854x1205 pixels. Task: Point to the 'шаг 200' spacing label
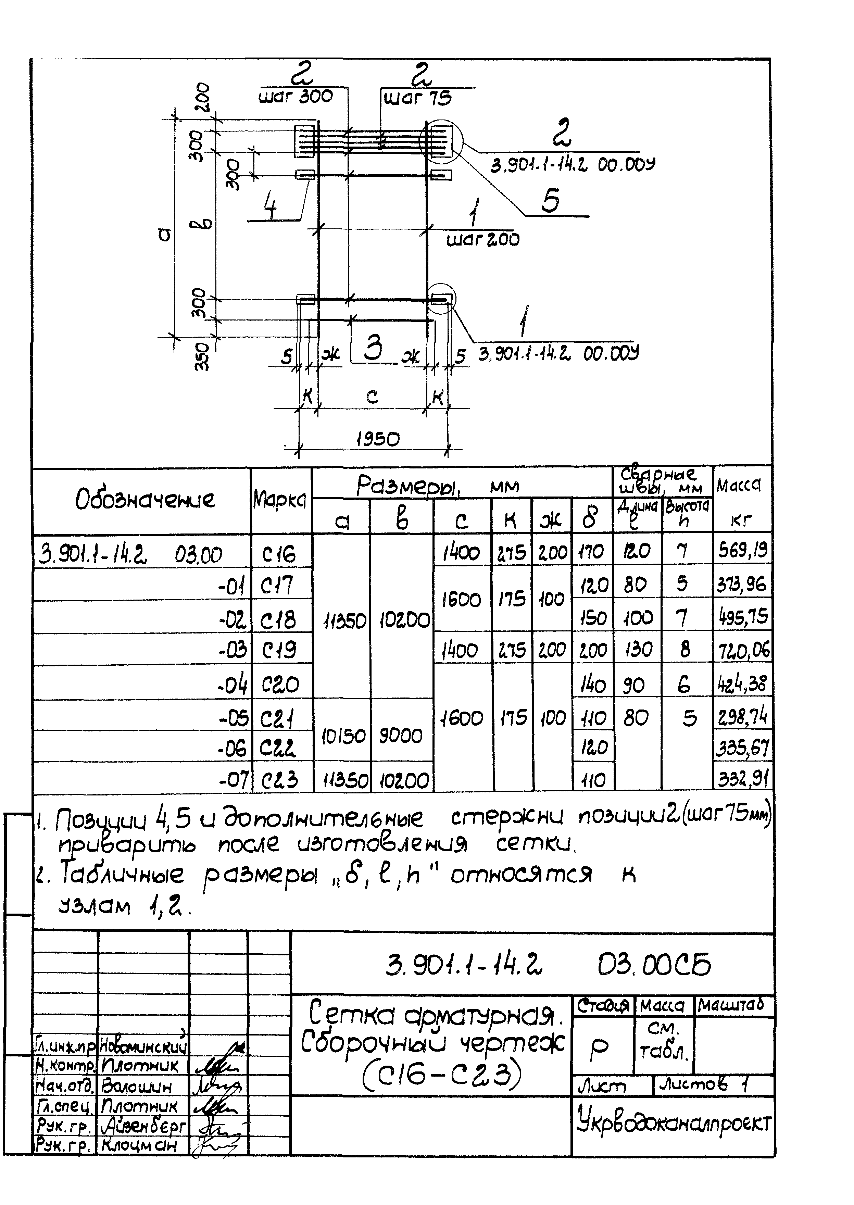point(483,240)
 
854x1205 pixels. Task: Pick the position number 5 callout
point(550,200)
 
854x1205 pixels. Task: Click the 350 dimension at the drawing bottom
point(202,357)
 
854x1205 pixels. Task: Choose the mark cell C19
point(279,650)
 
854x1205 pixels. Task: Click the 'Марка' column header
point(280,500)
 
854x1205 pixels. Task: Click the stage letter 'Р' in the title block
point(600,1047)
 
